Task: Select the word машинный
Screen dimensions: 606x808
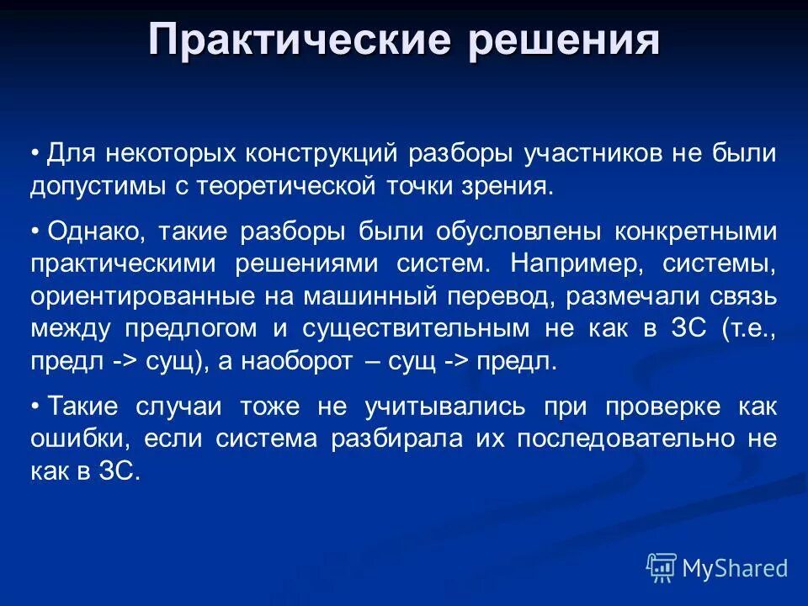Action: (x=339, y=296)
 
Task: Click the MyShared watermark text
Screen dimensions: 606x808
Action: (x=735, y=568)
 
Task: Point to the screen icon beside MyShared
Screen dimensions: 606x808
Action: (x=662, y=567)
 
